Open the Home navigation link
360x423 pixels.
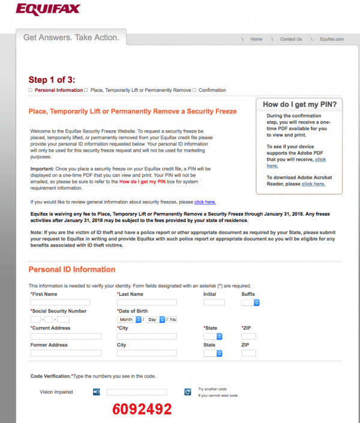pos(256,39)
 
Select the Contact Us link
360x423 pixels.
pos(291,39)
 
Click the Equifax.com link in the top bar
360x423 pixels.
pos(331,39)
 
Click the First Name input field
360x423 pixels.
pos(60,302)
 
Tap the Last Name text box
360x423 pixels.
pos(147,302)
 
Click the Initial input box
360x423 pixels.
pos(214,302)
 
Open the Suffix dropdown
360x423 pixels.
pos(250,302)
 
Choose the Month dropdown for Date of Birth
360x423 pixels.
pos(130,320)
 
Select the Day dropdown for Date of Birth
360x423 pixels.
pos(155,320)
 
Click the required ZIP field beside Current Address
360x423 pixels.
pos(248,337)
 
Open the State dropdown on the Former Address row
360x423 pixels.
pos(213,353)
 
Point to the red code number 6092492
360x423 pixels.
pos(142,409)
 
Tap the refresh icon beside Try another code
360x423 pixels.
pos(188,392)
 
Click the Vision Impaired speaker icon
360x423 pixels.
pos(96,392)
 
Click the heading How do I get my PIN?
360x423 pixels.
pos(299,104)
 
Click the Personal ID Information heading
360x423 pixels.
pos(72,269)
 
